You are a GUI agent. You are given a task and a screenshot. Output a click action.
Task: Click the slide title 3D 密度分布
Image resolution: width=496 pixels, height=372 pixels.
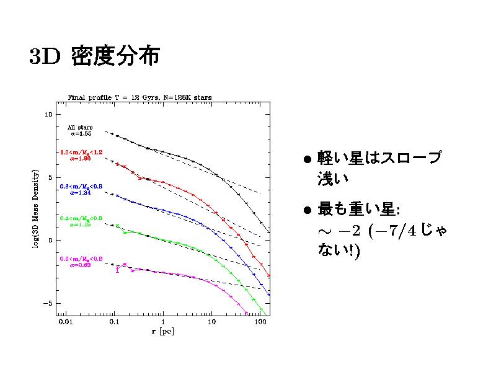click(x=94, y=56)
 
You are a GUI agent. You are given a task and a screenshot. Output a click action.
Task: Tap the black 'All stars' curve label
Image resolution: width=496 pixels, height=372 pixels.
click(x=80, y=127)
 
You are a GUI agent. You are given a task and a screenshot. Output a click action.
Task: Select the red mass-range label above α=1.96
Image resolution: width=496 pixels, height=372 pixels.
click(x=81, y=152)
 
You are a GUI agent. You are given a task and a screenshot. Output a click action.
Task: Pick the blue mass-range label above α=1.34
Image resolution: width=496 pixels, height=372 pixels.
click(x=81, y=186)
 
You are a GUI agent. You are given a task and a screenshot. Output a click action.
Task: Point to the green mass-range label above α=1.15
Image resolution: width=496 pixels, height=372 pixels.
click(x=81, y=218)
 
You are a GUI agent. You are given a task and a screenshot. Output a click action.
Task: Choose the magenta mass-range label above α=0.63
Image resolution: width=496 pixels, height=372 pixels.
click(x=81, y=258)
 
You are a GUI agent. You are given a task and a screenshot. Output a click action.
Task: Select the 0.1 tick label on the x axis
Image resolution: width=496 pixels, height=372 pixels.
click(x=113, y=323)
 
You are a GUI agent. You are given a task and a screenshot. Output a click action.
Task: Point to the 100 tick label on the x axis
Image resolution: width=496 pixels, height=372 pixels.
click(x=260, y=323)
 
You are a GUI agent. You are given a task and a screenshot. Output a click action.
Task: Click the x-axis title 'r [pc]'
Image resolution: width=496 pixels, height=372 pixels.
click(x=163, y=332)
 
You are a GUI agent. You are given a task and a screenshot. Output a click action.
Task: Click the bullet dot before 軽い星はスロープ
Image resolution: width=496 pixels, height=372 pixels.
click(x=307, y=159)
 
